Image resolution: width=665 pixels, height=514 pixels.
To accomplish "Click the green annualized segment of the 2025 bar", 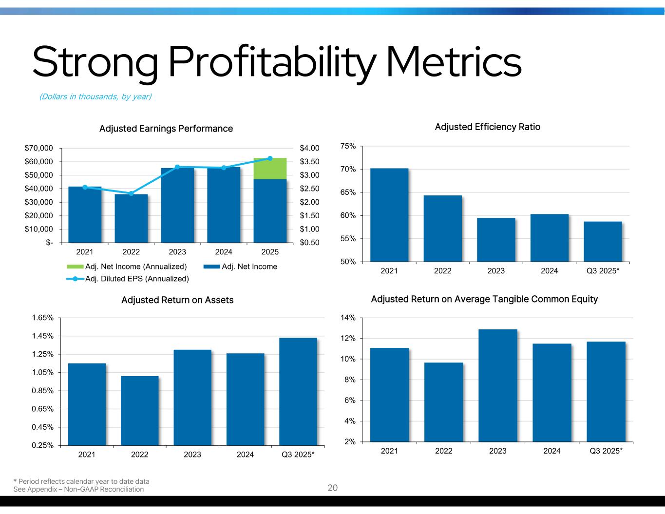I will tap(270, 169).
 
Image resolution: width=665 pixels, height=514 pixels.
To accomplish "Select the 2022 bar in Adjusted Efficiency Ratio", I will tap(442, 228).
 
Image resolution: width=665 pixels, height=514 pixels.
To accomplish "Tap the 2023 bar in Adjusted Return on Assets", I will tap(192, 397).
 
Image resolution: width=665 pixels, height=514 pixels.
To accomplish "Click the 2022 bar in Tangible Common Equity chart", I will tap(443, 402).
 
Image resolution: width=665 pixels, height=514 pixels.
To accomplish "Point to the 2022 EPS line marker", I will tap(131, 193).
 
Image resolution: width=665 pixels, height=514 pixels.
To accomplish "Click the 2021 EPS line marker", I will tap(85, 187).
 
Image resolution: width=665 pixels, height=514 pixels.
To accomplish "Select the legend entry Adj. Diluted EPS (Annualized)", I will tap(131, 279).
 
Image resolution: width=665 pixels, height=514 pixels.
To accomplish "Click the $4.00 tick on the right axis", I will tap(309, 148).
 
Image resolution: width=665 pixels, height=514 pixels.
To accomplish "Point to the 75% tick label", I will tap(349, 146).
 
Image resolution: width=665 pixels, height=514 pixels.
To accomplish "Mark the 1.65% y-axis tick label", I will tap(42, 318).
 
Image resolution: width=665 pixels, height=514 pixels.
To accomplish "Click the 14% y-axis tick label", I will tap(349, 318).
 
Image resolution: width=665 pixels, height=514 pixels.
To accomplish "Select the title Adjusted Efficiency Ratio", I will tap(487, 127).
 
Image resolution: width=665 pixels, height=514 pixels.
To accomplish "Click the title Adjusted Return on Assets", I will tap(177, 300).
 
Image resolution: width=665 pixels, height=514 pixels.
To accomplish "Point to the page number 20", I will tap(332, 488).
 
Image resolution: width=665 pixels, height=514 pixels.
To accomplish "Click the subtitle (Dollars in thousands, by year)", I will tap(95, 96).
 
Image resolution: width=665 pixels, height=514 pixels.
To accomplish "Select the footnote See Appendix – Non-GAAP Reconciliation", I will tap(78, 489).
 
